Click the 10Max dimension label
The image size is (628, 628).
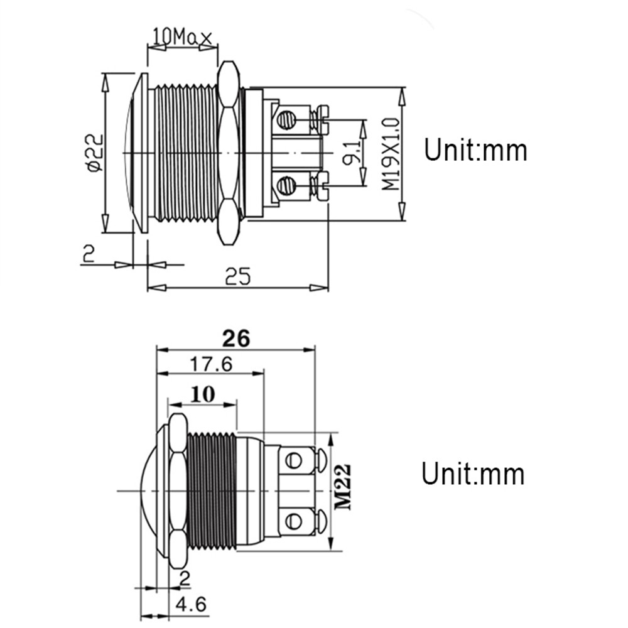[x=182, y=38]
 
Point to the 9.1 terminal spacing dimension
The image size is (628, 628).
[x=352, y=153]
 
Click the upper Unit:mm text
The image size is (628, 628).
[x=475, y=151]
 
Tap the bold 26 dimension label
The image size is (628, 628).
[x=236, y=338]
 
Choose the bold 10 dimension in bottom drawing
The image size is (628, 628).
[x=202, y=394]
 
